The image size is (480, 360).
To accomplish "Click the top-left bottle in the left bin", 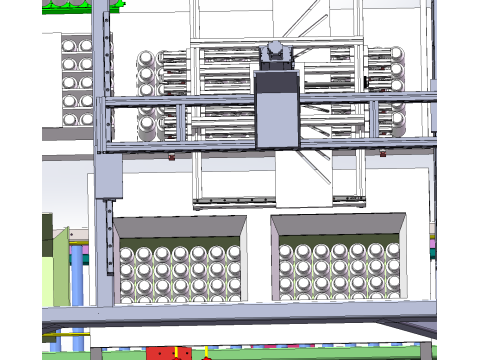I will (x=127, y=253).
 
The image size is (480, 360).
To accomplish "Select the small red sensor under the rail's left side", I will (x=172, y=156).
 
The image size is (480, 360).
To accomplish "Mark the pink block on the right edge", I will (x=433, y=241).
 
